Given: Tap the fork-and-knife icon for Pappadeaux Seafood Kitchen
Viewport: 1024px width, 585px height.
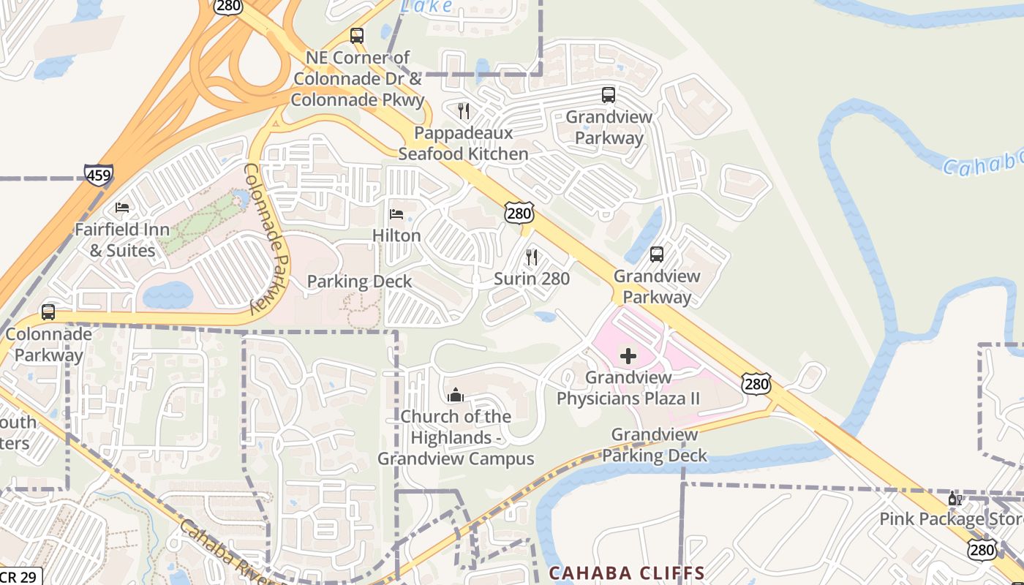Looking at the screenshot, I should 463,111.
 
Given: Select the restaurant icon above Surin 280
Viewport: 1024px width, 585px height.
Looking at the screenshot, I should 532,257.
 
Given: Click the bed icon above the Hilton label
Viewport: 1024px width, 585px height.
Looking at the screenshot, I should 396,214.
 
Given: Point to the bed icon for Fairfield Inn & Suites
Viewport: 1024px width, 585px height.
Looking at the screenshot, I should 122,208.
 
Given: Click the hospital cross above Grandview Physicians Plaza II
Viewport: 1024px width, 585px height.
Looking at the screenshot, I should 628,357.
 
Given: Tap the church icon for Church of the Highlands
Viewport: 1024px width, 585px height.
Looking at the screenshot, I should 456,396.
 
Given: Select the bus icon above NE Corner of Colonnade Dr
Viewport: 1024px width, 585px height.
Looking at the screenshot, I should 357,35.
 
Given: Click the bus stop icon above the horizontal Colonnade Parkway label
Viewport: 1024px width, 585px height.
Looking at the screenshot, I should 48,312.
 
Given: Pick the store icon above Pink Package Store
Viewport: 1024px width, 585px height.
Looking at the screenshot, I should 955,499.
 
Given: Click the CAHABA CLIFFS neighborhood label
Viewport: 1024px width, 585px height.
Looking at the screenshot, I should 627,573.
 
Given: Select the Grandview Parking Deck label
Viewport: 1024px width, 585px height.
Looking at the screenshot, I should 655,445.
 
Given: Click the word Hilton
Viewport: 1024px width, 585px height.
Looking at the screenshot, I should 396,235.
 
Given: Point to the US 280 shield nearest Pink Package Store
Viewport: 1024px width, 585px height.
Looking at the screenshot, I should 982,549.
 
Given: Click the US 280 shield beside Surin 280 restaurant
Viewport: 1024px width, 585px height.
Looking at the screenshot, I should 519,214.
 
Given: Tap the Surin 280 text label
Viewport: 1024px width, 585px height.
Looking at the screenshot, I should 532,279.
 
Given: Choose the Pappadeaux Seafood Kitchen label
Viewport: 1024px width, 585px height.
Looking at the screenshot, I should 463,143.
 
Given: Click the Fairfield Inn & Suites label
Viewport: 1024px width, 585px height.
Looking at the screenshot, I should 122,240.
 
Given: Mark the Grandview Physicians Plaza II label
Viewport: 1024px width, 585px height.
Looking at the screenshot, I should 628,388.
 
